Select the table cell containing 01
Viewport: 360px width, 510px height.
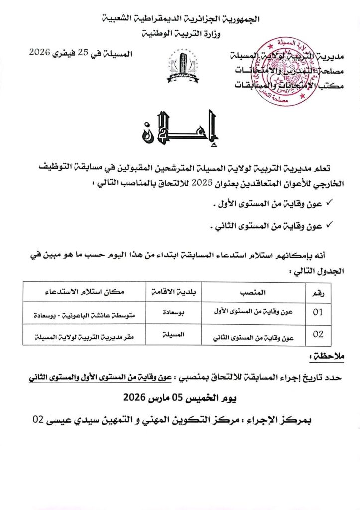(319, 313)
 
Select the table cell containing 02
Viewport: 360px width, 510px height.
(319, 335)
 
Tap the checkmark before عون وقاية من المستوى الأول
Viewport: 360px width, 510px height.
(329, 203)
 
